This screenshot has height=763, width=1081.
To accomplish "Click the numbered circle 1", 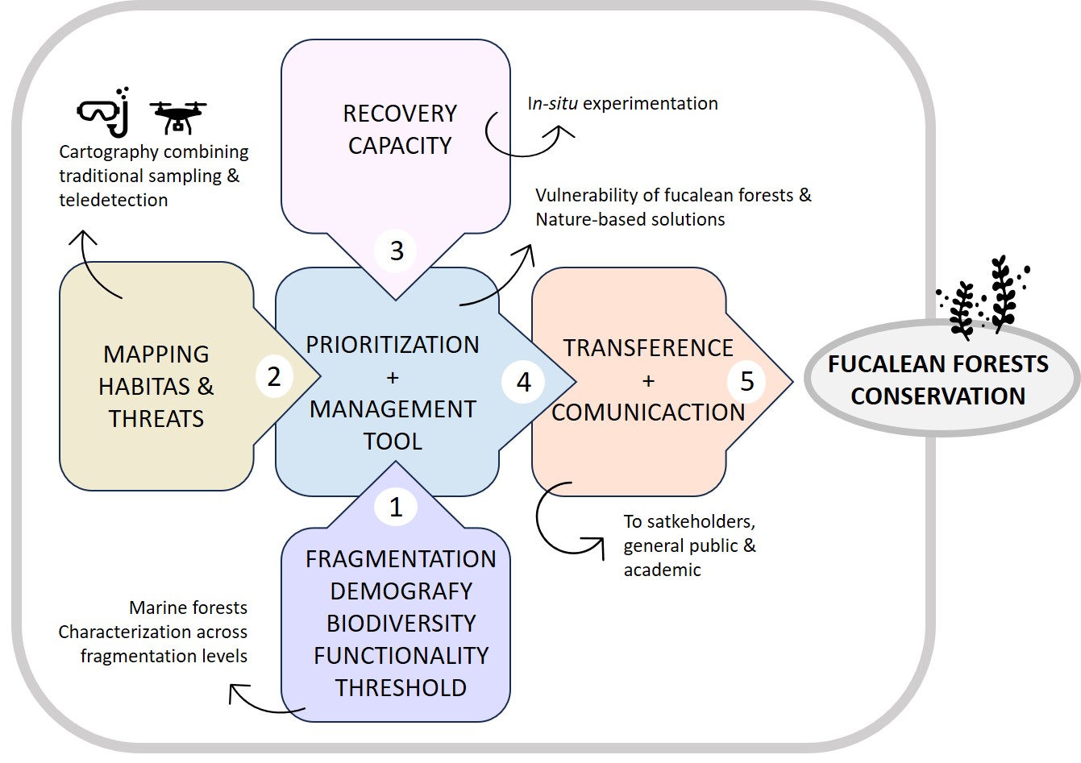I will pyautogui.click(x=395, y=507).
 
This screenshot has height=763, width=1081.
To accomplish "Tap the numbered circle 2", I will pyautogui.click(x=274, y=376).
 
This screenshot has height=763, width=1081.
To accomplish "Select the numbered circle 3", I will pyautogui.click(x=396, y=251).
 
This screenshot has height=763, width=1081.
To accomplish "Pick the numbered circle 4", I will pyautogui.click(x=524, y=381).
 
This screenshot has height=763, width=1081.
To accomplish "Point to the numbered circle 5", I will pyautogui.click(x=747, y=380).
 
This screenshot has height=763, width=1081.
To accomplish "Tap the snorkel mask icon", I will pyautogui.click(x=104, y=112).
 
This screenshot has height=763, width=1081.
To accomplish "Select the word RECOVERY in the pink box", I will pyautogui.click(x=400, y=114).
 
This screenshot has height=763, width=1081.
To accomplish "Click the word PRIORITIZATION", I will pyautogui.click(x=393, y=345).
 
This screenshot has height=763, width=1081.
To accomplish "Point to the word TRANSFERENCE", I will pyautogui.click(x=648, y=348).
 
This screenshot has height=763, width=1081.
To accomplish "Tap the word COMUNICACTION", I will pyautogui.click(x=648, y=413).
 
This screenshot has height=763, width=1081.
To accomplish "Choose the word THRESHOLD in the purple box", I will pyautogui.click(x=401, y=688).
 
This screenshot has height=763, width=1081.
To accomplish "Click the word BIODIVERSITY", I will pyautogui.click(x=401, y=624).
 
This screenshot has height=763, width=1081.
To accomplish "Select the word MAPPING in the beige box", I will pyautogui.click(x=156, y=355).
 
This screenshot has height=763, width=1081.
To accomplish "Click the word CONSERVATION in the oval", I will pyautogui.click(x=938, y=396).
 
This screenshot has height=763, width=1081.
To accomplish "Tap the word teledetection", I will pyautogui.click(x=114, y=200).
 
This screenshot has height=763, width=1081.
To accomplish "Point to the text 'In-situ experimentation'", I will pyautogui.click(x=622, y=104).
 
